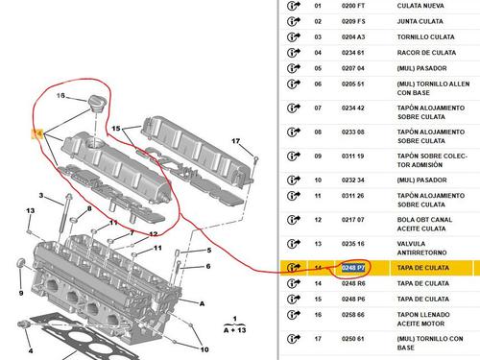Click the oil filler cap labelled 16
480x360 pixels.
(95, 104)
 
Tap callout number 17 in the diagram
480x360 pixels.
(236, 141)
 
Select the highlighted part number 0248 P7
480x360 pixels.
(353, 268)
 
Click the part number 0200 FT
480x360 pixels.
(353, 6)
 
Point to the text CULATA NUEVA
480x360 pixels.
(420, 6)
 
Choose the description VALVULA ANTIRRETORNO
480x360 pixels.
(421, 248)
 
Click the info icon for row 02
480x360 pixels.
(294, 21)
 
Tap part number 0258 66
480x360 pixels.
(353, 315)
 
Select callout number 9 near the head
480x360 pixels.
(21, 293)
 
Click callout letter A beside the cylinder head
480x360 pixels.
(202, 303)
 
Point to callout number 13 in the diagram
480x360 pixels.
(31, 210)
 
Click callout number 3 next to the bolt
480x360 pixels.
(41, 195)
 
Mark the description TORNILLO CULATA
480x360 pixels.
(425, 37)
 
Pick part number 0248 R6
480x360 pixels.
(353, 283)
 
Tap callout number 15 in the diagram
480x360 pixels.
(116, 129)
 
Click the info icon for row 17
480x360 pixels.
(294, 339)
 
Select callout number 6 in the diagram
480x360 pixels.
(208, 266)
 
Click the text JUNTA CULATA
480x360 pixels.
(420, 21)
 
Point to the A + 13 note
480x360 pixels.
(235, 330)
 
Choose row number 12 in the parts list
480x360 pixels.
(318, 220)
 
